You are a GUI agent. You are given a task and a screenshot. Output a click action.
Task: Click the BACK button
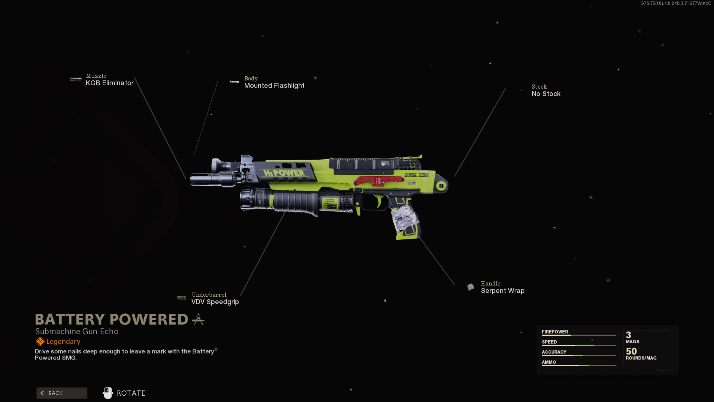tap(62, 393)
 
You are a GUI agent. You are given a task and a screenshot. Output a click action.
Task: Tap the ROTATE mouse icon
tap(108, 393)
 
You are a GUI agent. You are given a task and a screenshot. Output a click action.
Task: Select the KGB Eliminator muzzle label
tap(109, 83)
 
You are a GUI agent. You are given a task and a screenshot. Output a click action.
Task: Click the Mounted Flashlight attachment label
tap(274, 86)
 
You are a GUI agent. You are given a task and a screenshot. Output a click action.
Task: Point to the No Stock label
tap(546, 94)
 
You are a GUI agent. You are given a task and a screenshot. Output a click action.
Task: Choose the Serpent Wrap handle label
tap(502, 291)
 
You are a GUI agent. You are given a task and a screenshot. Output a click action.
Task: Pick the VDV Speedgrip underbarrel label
tap(215, 302)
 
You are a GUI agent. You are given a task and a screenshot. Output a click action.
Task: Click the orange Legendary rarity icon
tap(40, 341)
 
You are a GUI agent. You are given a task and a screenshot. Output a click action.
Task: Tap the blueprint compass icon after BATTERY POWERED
tap(198, 319)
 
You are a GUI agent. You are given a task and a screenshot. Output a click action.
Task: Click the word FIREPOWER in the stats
tap(555, 332)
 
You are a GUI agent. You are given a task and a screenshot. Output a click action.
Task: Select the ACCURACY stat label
tap(554, 352)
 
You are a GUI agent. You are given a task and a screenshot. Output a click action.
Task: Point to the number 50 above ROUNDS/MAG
tap(631, 351)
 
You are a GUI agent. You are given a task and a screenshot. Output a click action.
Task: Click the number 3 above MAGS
tap(628, 335)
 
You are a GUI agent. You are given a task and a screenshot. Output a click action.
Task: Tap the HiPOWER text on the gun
tap(284, 173)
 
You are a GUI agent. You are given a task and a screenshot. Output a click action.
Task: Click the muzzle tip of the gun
tap(193, 179)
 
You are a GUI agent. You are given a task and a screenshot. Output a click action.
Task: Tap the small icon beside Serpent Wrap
tap(471, 287)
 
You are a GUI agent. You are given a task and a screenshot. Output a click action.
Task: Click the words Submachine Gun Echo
tap(77, 331)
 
